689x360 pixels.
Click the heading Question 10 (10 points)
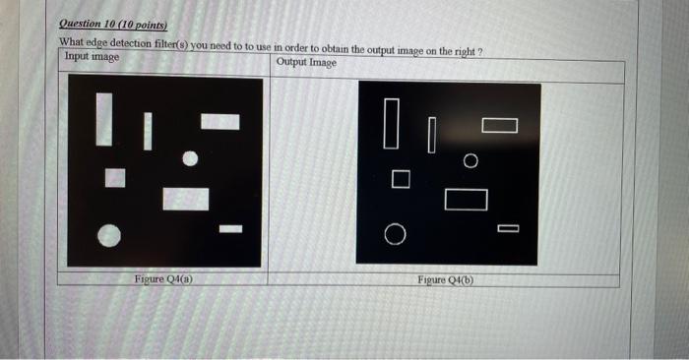[113, 25]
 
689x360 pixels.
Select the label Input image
[92, 57]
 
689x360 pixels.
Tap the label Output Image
[306, 63]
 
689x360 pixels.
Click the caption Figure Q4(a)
[162, 279]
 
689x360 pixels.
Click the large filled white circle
[110, 234]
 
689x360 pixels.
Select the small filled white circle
[191, 157]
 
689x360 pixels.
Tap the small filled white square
[116, 178]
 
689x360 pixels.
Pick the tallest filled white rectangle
[103, 119]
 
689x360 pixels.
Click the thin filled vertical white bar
[147, 132]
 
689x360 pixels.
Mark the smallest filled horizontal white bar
[230, 229]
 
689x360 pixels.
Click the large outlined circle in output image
[394, 234]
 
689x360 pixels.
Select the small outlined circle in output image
[470, 159]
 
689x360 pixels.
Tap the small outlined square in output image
[399, 179]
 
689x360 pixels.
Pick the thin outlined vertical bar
[431, 135]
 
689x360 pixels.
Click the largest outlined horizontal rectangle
[466, 199]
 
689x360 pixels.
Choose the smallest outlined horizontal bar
[508, 229]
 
